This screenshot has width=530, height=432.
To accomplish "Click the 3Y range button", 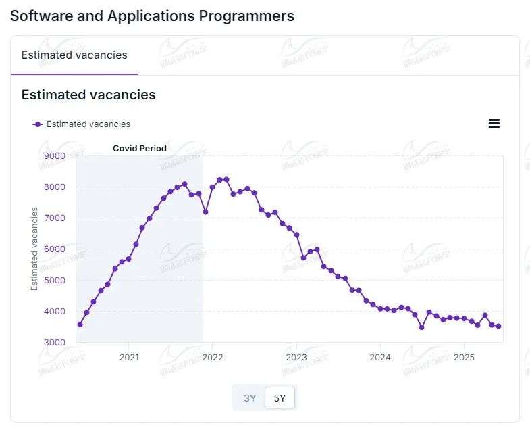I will point(250,398).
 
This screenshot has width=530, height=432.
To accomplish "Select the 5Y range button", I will point(280,398).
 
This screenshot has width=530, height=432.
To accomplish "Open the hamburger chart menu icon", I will point(494,123).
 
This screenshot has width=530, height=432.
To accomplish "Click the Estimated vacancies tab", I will point(74,55).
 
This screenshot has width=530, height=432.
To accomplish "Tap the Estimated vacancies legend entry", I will point(82,124).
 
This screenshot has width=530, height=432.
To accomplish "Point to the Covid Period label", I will point(140,148).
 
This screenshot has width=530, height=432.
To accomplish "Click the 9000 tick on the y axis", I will point(54,156).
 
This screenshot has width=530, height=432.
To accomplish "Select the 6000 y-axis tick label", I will point(54,249).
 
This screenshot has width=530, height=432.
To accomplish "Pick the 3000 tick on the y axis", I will point(54,343).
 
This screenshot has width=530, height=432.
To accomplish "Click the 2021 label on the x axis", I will point(129,357).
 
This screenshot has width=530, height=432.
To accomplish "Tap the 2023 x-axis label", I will point(296,357).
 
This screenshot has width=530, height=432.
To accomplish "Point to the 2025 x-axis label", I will point(464,357).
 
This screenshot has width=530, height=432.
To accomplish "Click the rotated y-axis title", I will point(34,249).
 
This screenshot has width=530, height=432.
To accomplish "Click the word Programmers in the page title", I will point(246,16).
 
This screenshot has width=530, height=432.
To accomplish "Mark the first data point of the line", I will point(80,325).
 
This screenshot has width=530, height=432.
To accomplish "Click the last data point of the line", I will point(498,327).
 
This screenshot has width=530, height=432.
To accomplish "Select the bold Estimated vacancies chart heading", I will point(88,95).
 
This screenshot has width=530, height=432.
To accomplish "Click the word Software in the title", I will point(38,16).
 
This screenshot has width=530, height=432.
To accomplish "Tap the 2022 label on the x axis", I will point(213,357).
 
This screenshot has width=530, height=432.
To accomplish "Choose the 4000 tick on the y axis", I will point(54,312).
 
